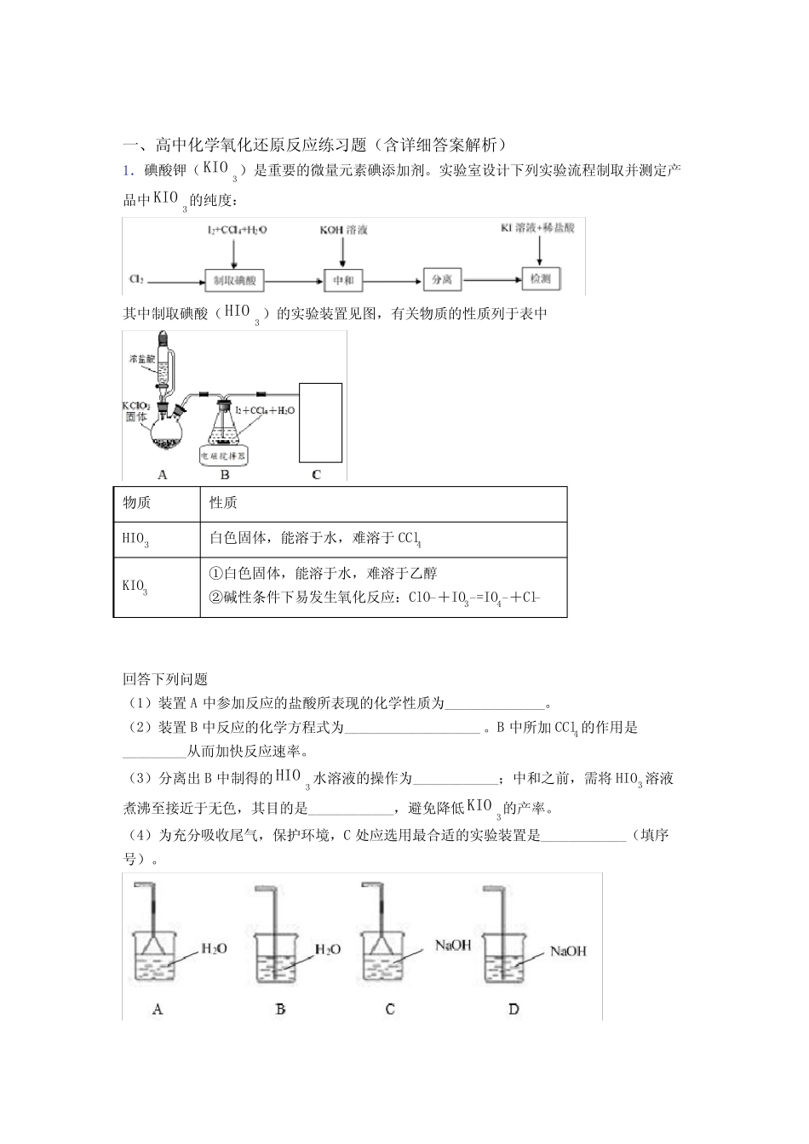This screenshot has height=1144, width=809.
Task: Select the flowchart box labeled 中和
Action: pyautogui.click(x=343, y=280)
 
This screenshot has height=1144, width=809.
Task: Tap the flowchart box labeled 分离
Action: pyautogui.click(x=441, y=279)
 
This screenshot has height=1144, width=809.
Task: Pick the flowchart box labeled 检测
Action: pyautogui.click(x=541, y=278)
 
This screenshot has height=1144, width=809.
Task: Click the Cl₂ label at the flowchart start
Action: pyautogui.click(x=136, y=279)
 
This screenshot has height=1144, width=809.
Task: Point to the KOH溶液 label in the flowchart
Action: pyautogui.click(x=343, y=230)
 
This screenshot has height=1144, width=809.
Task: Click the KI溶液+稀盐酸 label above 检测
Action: pyautogui.click(x=538, y=228)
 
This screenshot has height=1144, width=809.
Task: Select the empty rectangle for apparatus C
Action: pyautogui.click(x=320, y=421)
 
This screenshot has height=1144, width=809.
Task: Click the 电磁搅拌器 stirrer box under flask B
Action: pyautogui.click(x=224, y=455)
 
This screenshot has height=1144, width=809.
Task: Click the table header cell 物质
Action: pyautogui.click(x=137, y=503)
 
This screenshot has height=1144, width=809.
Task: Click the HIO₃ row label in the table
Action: pyautogui.click(x=135, y=539)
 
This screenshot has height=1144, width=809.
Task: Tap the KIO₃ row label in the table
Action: pyautogui.click(x=135, y=586)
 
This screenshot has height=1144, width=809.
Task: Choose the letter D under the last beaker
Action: pyautogui.click(x=514, y=1010)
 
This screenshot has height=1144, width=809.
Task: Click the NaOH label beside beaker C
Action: pyautogui.click(x=452, y=945)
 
